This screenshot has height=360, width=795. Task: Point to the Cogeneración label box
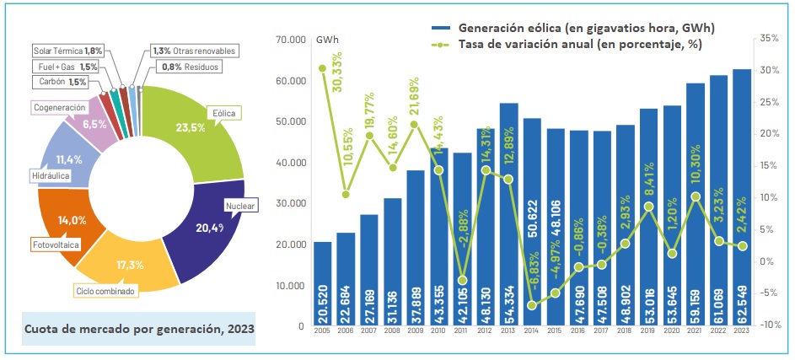[59, 108]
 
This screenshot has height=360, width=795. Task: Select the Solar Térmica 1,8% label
[67, 51]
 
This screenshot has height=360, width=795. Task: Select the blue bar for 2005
[322, 283]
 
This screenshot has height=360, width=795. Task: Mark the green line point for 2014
[532, 304]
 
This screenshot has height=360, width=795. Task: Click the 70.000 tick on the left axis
[289, 40]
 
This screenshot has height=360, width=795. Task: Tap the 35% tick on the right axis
[768, 39]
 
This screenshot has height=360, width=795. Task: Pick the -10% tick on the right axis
[767, 325]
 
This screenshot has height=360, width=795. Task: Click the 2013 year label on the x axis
[508, 331]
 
